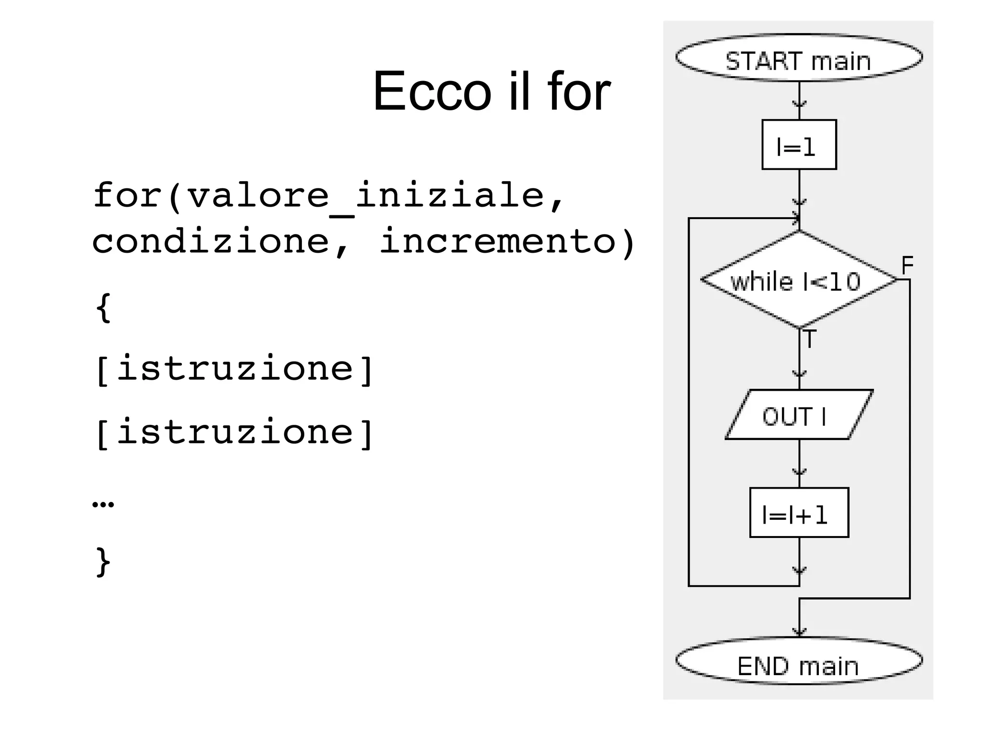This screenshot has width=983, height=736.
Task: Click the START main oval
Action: coord(799,58)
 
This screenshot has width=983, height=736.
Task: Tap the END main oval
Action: coord(799,661)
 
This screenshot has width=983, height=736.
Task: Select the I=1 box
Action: coord(799,145)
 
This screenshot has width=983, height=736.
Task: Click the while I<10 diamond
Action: coord(799,280)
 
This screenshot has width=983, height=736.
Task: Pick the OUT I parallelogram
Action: coord(799,415)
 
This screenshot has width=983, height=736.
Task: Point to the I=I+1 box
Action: coord(799,513)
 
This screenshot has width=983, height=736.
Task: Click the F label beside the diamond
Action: coord(907,265)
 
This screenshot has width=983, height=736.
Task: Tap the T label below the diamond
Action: coord(809,339)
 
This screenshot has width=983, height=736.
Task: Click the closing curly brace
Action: coord(103,561)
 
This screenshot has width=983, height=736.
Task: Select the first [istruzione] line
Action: coord(234,369)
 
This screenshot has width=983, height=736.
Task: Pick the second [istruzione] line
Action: coord(234,432)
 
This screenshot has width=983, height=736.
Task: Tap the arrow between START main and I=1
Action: coord(799,102)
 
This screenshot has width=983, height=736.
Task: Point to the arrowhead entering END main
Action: coord(799,632)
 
